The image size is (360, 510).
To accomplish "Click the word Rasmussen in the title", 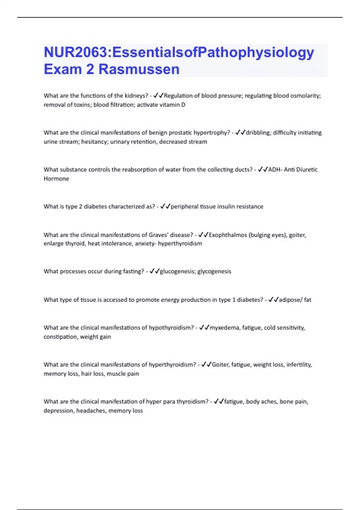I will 139,69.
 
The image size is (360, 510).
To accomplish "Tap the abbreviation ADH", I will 274,169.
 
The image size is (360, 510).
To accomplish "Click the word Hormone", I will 56,178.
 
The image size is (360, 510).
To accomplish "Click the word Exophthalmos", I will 228,235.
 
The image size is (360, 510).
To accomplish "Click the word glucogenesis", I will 177,271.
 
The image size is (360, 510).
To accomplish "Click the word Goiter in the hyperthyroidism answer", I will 220,364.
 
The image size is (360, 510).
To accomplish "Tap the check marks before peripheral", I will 165,206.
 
